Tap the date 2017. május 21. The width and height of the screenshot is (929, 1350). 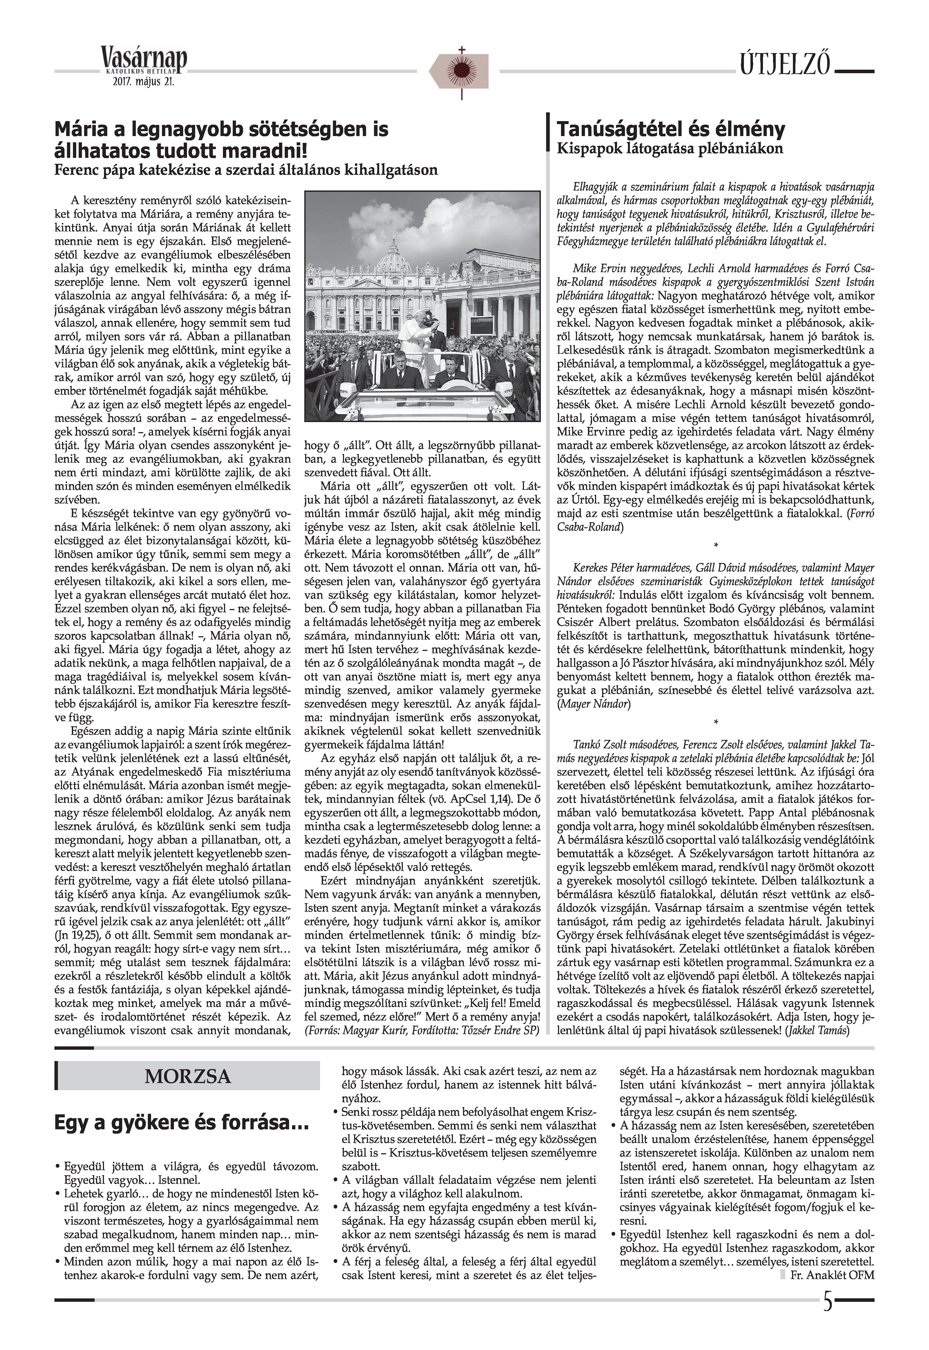point(144,82)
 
